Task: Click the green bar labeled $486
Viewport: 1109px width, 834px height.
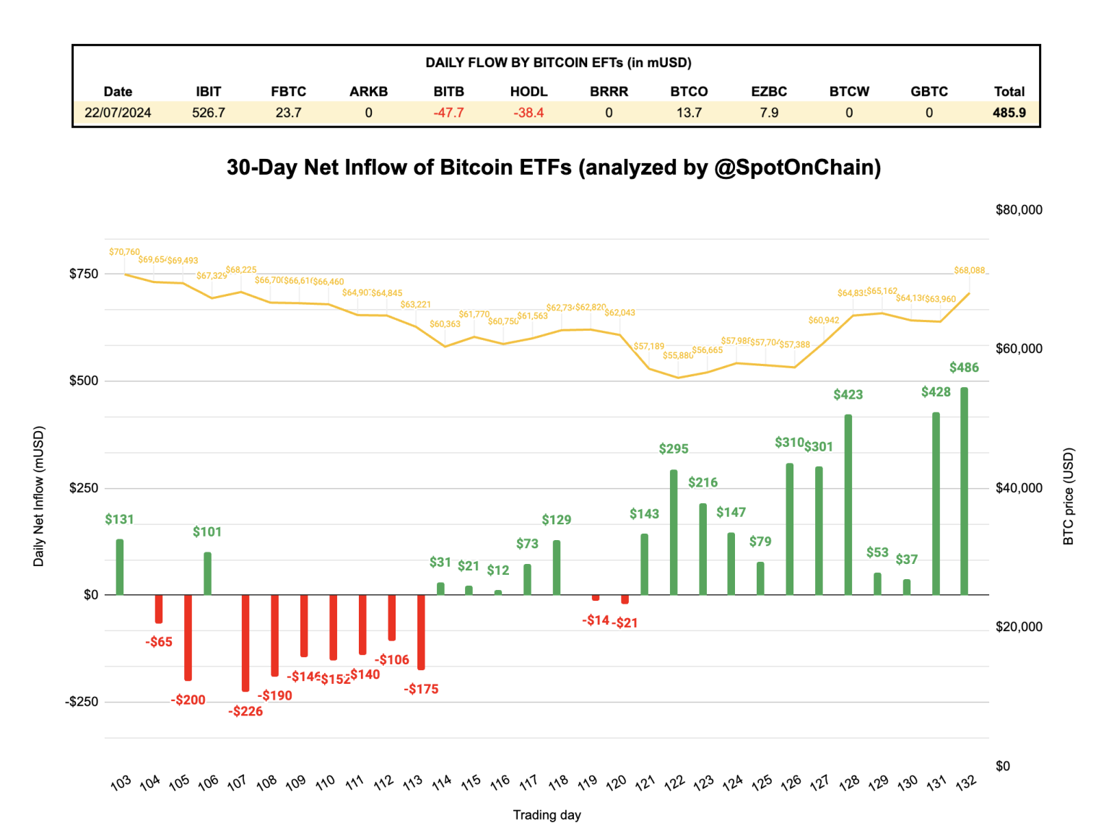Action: [964, 491]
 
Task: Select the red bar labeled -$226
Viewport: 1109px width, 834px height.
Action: [245, 643]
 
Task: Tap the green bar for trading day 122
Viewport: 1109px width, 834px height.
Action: [674, 532]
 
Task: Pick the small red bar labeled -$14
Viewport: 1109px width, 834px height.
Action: [596, 598]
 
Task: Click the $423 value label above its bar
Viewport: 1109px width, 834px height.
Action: [848, 394]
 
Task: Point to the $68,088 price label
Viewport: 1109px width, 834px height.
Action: [969, 270]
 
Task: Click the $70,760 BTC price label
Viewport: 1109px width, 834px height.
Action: [124, 252]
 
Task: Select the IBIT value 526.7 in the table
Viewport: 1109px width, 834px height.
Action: [209, 113]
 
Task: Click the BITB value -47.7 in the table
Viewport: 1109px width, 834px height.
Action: [448, 113]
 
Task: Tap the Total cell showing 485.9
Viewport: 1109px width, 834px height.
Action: [1009, 113]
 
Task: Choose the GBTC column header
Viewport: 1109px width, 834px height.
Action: [928, 92]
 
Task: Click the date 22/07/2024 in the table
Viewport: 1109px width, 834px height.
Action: [118, 113]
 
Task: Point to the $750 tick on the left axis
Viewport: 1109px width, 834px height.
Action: [84, 274]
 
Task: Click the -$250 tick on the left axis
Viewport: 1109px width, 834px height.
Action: [82, 702]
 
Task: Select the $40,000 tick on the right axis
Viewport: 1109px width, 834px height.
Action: [1018, 488]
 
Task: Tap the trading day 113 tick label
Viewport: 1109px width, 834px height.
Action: [412, 782]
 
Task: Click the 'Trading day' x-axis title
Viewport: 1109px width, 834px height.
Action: [547, 815]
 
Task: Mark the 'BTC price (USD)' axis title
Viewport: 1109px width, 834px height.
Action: [1069, 497]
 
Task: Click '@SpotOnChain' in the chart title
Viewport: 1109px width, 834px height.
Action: [797, 168]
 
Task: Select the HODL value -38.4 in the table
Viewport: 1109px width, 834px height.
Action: [529, 113]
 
